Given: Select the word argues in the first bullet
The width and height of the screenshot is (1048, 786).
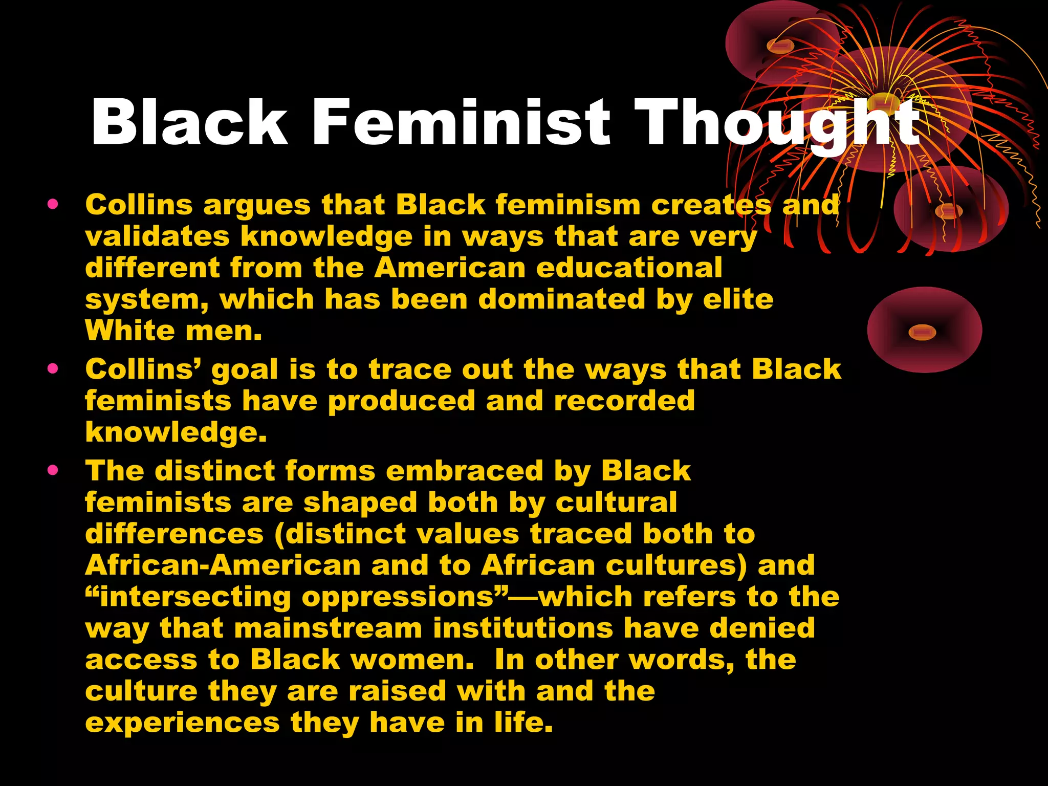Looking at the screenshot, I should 257,206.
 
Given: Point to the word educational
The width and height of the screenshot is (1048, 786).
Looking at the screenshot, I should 629,268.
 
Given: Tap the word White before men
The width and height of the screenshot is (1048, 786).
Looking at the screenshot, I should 130,331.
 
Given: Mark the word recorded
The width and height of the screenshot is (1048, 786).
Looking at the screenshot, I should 624,401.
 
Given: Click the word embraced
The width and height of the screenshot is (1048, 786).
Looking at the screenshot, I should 464,471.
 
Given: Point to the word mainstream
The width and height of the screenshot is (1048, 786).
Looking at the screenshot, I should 328,628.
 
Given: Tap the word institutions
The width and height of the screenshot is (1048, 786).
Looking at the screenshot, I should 522,628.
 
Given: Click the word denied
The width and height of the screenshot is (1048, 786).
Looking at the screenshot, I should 762,628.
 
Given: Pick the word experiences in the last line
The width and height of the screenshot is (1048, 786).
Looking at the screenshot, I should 182,724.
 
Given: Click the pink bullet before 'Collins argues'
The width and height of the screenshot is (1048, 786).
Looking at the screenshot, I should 53,205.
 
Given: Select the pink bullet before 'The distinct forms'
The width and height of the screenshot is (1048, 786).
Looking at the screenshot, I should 53,470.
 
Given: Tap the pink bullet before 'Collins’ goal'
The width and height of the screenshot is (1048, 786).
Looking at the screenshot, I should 53,369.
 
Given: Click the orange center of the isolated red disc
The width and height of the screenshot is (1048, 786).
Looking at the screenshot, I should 922,333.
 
